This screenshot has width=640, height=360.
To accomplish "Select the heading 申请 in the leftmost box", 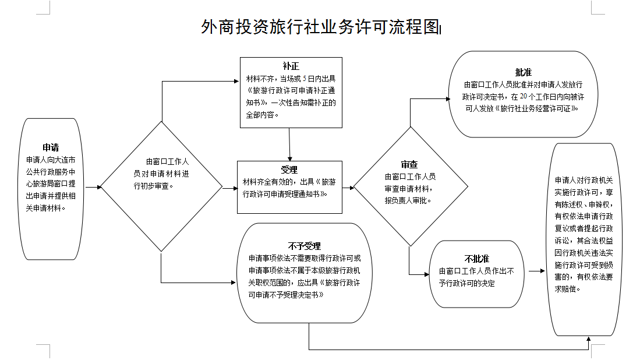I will pyautogui.click(x=51, y=147).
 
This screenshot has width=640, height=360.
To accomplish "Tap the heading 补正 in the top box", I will pyautogui.click(x=291, y=66).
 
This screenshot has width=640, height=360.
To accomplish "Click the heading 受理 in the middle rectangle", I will pyautogui.click(x=289, y=170).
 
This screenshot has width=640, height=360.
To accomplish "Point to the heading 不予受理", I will pyautogui.click(x=304, y=246).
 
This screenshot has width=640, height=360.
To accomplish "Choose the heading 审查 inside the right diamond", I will pyautogui.click(x=409, y=165).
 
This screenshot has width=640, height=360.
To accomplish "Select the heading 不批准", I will pyautogui.click(x=476, y=258).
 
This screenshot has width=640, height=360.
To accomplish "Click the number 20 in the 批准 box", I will pyautogui.click(x=523, y=96).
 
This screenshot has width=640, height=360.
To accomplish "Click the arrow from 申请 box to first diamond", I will pyautogui.click(x=93, y=188).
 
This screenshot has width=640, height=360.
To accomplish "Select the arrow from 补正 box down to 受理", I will pyautogui.click(x=289, y=143).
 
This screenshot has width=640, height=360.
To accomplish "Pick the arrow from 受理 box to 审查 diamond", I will pyautogui.click(x=348, y=188).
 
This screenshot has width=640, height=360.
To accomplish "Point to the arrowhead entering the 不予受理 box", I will pyautogui.click(x=235, y=283).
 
